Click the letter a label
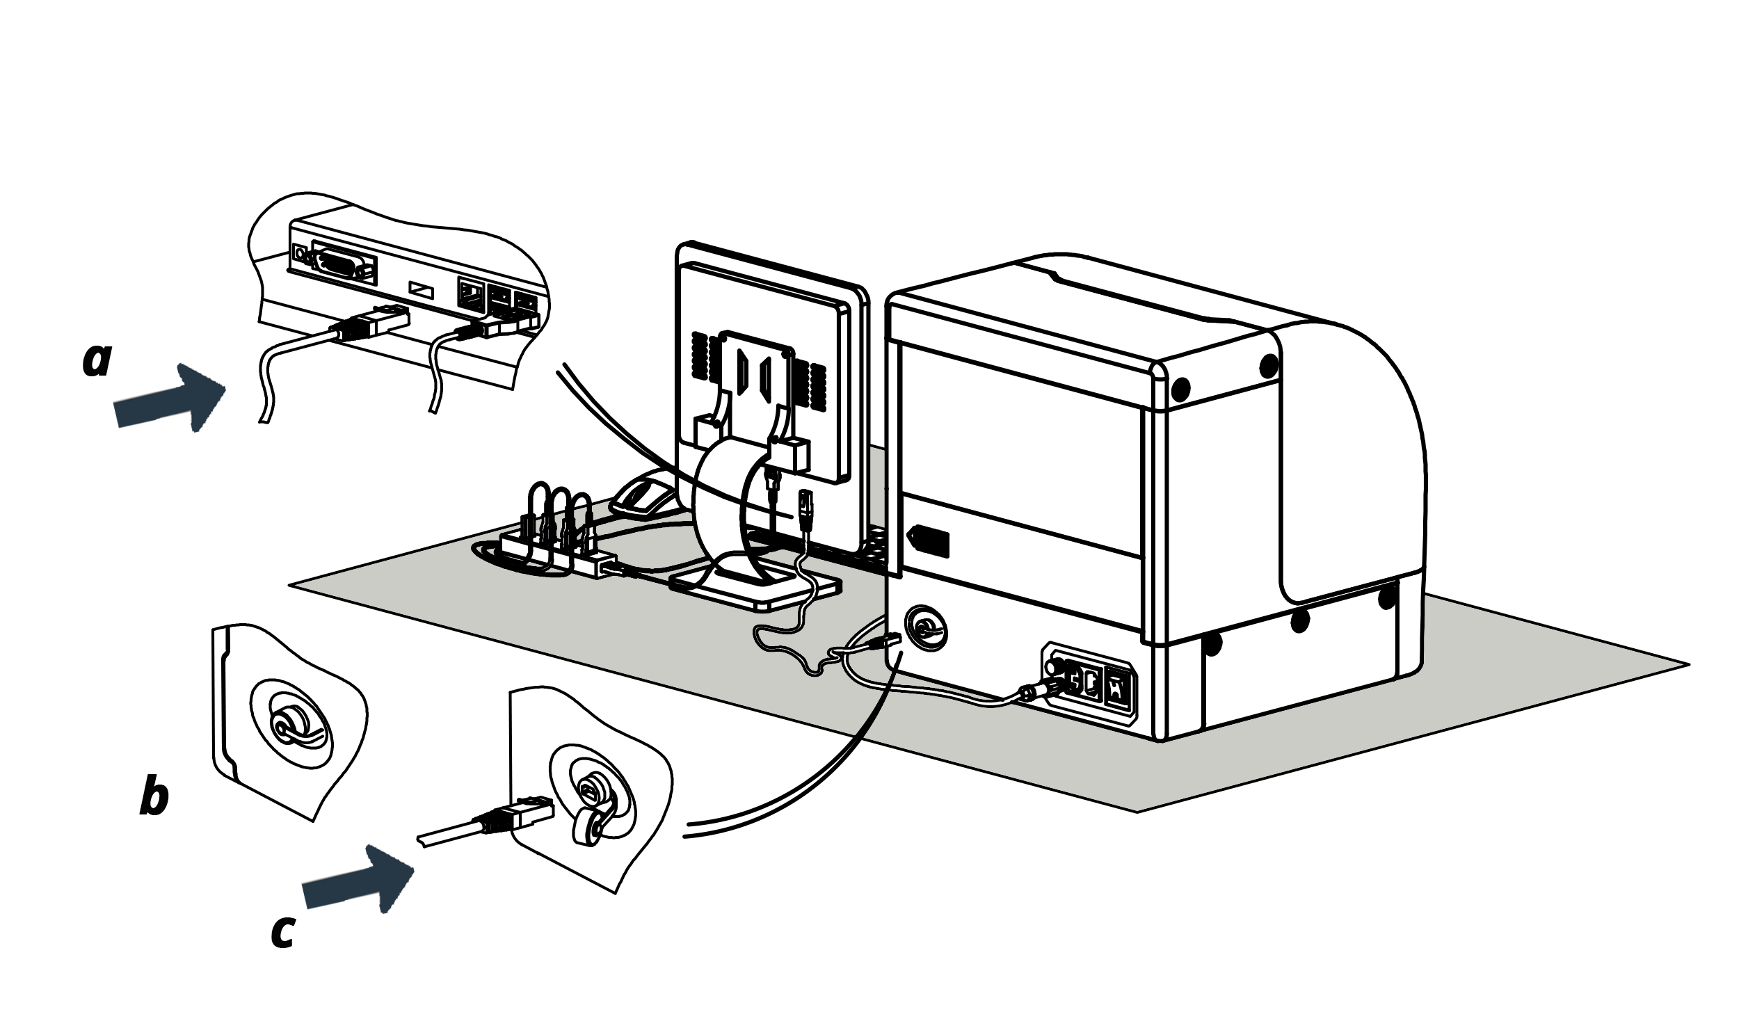97,360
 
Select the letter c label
283,931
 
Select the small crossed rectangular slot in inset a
421,289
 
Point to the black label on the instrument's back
930,541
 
